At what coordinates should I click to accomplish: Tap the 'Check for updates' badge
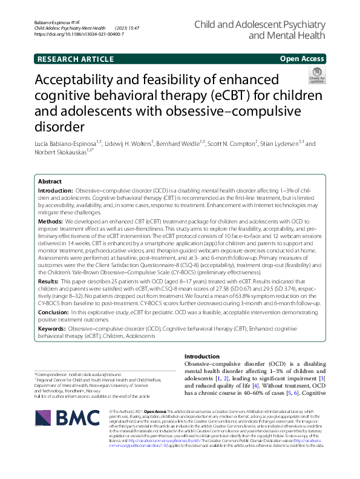pyautogui.click(x=316, y=75)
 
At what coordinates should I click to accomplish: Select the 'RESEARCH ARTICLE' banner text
pyautogui.click(x=75, y=59)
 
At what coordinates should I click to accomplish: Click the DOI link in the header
pyautogui.click(x=80, y=35)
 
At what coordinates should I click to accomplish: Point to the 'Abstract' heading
pyautogui.click(x=50, y=181)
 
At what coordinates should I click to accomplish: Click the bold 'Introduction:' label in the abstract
pyautogui.click(x=54, y=190)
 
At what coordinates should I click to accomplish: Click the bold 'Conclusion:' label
pyautogui.click(x=53, y=311)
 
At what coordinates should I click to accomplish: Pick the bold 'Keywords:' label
pyautogui.click(x=52, y=328)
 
